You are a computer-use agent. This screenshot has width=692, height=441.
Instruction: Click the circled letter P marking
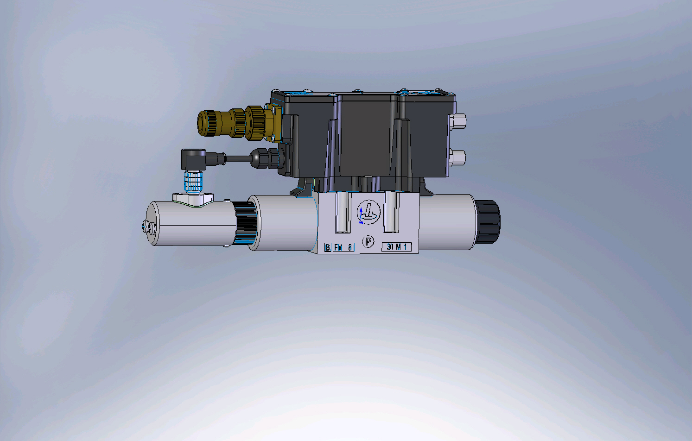tap(368, 241)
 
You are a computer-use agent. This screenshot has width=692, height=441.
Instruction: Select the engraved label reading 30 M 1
tap(397, 247)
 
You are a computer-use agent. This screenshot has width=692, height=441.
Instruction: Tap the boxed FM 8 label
tap(343, 247)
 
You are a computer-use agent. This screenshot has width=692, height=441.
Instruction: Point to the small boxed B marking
tap(328, 247)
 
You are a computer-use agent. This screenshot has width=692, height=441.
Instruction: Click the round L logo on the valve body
tap(368, 212)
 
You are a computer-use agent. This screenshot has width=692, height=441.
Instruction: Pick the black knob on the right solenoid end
tap(488, 221)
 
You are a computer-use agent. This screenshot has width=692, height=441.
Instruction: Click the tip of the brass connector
tap(203, 123)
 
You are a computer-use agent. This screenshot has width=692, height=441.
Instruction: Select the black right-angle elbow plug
tap(194, 159)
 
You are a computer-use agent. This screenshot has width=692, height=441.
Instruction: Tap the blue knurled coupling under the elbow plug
tap(193, 182)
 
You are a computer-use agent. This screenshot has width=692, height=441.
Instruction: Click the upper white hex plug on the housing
tap(457, 121)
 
